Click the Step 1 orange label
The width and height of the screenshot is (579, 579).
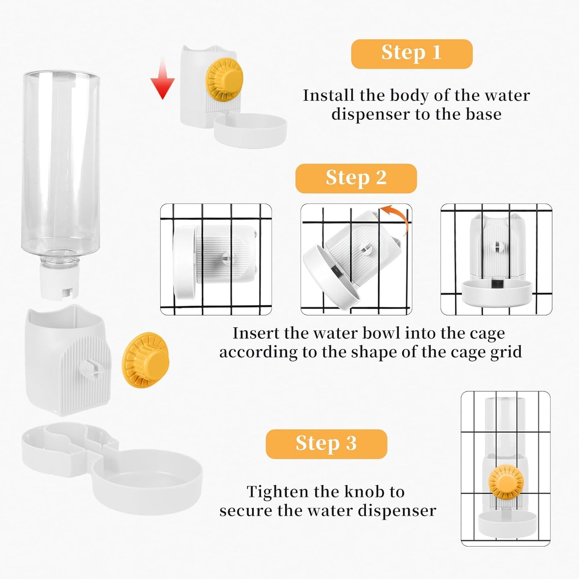pyautogui.click(x=412, y=54)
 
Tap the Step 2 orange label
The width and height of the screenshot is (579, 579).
pyautogui.click(x=356, y=178)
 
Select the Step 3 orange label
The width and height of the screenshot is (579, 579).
pyautogui.click(x=326, y=444)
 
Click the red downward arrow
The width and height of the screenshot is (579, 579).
pyautogui.click(x=162, y=80)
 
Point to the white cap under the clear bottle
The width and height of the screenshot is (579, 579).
pyautogui.click(x=60, y=282)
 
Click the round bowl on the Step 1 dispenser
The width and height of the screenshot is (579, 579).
pyautogui.click(x=251, y=131)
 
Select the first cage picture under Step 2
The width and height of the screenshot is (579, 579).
pyautogui.click(x=216, y=259)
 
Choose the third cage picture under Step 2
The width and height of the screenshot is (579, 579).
pyautogui.click(x=496, y=259)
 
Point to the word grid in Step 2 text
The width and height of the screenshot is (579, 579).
pyautogui.click(x=506, y=352)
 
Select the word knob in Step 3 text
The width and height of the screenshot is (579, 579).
pyautogui.click(x=355, y=492)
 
